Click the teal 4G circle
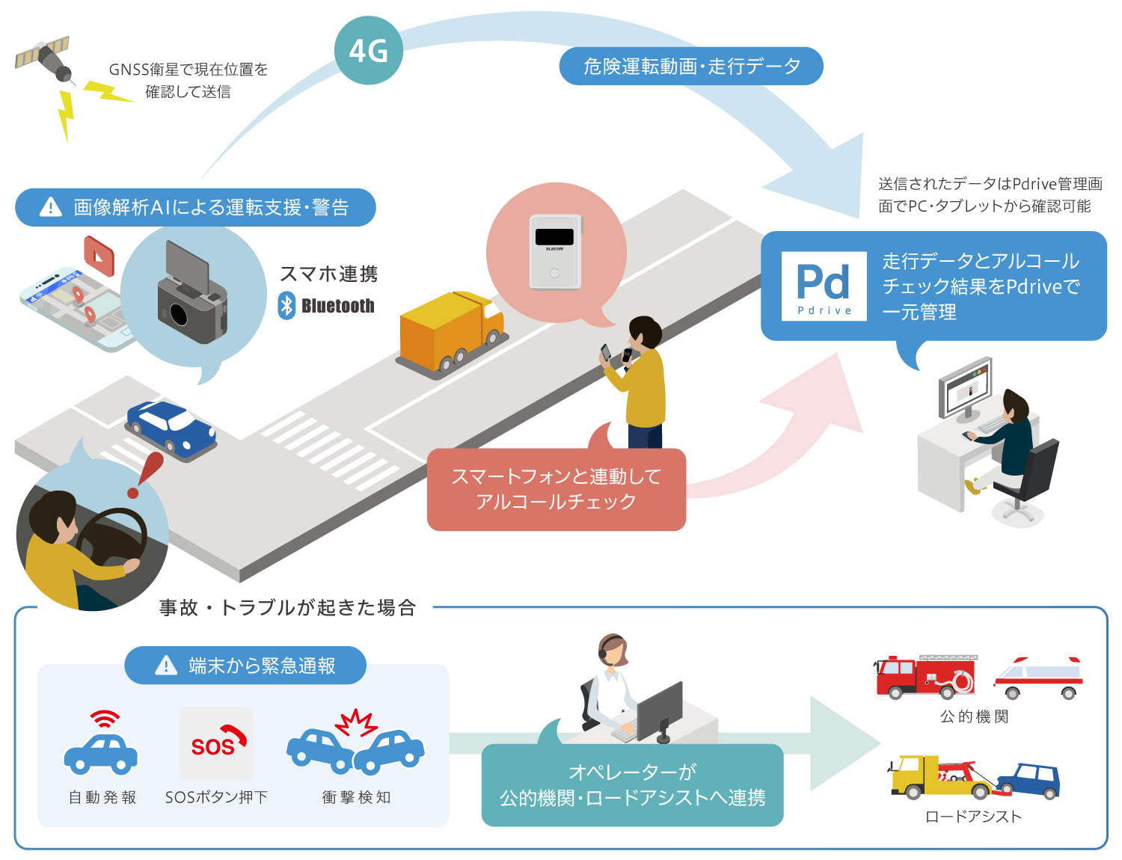(x=368, y=51)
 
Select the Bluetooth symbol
(x=286, y=305)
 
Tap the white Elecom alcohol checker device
(x=555, y=251)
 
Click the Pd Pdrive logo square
(x=824, y=286)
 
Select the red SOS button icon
(x=217, y=743)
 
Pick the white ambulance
(x=1038, y=677)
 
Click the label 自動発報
(x=102, y=798)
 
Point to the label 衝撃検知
(x=356, y=798)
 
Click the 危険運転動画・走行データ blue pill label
(x=691, y=67)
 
